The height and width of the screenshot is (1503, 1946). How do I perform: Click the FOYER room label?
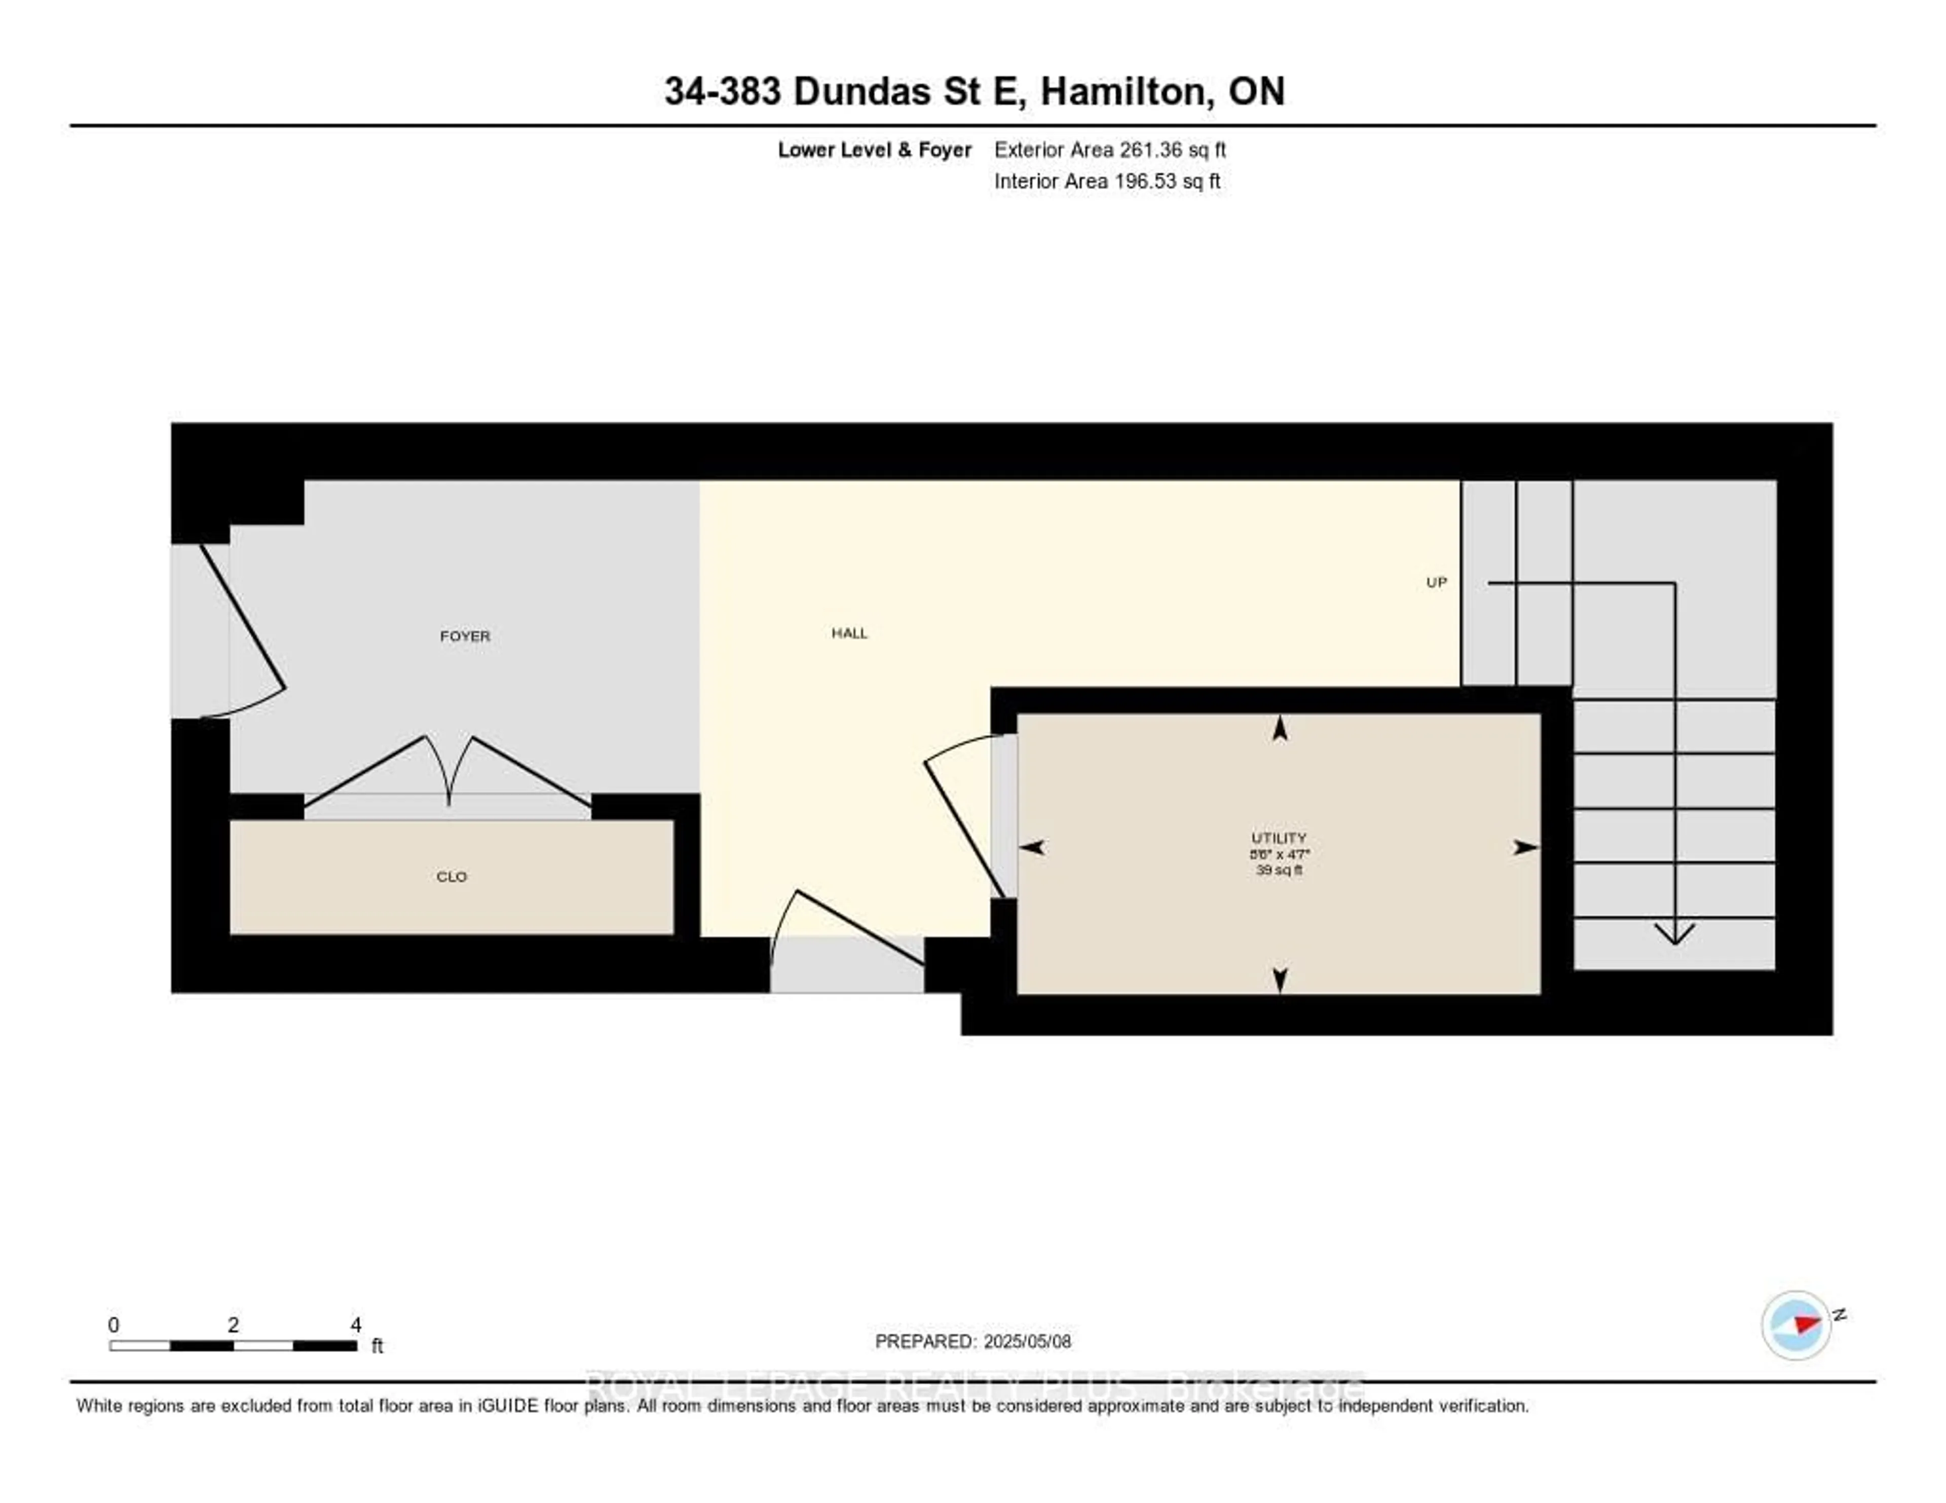(x=465, y=636)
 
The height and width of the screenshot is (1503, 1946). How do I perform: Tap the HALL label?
(x=849, y=633)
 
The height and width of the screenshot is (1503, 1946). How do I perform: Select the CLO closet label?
(x=452, y=877)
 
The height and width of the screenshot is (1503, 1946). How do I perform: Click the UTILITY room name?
(x=1279, y=838)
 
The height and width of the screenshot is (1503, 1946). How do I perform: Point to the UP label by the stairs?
(x=1436, y=583)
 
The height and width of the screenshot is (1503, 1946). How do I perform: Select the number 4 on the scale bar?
(x=356, y=1325)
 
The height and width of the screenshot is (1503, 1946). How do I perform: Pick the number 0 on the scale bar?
(x=113, y=1325)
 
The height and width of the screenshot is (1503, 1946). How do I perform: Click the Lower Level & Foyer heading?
(x=874, y=149)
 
